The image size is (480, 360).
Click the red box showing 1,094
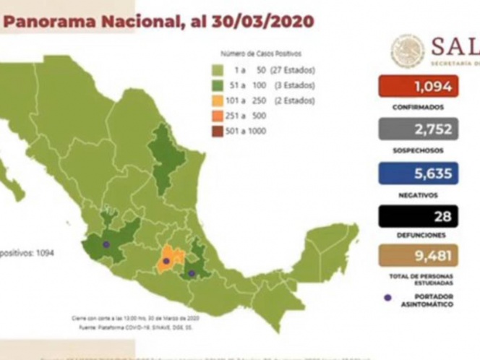pyautogui.click(x=418, y=87)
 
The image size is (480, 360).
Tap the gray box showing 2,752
pyautogui.click(x=418, y=129)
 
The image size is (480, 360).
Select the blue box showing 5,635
pyautogui.click(x=418, y=173)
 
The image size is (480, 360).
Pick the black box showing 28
pyautogui.click(x=418, y=215)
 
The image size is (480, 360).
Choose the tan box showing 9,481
pyautogui.click(x=418, y=256)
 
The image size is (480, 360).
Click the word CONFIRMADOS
pyautogui.click(x=417, y=107)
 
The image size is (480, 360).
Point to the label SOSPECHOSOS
pyautogui.click(x=417, y=151)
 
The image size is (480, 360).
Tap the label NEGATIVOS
pyautogui.click(x=417, y=194)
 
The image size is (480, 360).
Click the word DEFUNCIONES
pyautogui.click(x=417, y=236)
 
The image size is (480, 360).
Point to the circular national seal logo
pyautogui.click(x=408, y=51)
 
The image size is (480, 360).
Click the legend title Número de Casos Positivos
pyautogui.click(x=260, y=53)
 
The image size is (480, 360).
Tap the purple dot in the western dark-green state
pyautogui.click(x=106, y=244)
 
